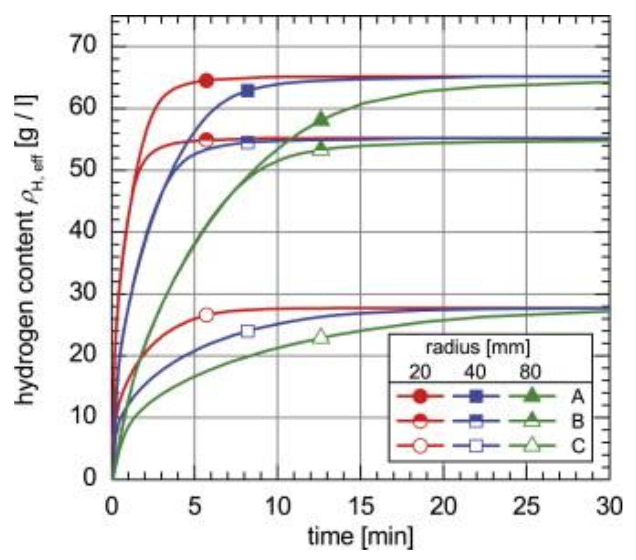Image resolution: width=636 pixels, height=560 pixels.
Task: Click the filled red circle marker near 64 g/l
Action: pos(207,80)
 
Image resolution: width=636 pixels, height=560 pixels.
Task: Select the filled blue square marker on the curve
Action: pos(248,91)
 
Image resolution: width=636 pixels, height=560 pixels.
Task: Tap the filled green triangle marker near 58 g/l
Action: pos(321,119)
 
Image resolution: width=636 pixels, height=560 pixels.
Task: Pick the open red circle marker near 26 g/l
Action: pos(207,315)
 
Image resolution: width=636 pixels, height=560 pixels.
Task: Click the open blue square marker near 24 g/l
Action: pos(248,331)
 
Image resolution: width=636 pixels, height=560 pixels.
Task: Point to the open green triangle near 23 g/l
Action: pos(321,337)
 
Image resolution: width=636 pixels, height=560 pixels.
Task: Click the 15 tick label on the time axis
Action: pos(361,506)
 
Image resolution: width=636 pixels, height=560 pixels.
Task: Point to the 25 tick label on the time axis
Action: pos(527,506)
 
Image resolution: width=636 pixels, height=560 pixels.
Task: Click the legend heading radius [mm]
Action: pos(478,347)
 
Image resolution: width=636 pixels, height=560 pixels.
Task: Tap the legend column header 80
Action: pos(530,371)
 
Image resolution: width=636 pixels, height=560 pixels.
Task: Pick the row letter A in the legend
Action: pos(577,397)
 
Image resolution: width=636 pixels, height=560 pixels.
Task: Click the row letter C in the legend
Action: pos(577,446)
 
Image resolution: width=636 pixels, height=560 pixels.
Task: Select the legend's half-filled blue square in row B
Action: pos(476,421)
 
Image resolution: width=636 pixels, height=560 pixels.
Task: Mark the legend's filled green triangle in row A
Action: pos(531,396)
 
